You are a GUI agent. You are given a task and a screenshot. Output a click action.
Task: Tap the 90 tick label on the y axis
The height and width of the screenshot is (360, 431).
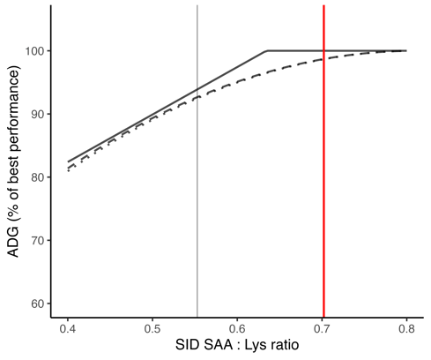tap(35, 115)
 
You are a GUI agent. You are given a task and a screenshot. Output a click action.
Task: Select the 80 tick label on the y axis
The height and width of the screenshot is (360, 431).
tap(35, 177)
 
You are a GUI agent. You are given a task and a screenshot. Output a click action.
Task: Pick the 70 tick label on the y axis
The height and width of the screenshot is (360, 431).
tap(35, 240)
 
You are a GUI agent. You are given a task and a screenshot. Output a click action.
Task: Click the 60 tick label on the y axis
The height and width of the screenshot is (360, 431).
tap(35, 304)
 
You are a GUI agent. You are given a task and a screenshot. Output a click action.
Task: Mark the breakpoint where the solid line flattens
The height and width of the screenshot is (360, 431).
tap(267, 51)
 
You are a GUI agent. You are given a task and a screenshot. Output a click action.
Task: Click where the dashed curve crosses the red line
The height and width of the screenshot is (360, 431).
tap(323, 59)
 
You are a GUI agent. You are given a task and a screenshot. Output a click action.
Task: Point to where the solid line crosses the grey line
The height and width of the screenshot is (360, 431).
tap(197, 89)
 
